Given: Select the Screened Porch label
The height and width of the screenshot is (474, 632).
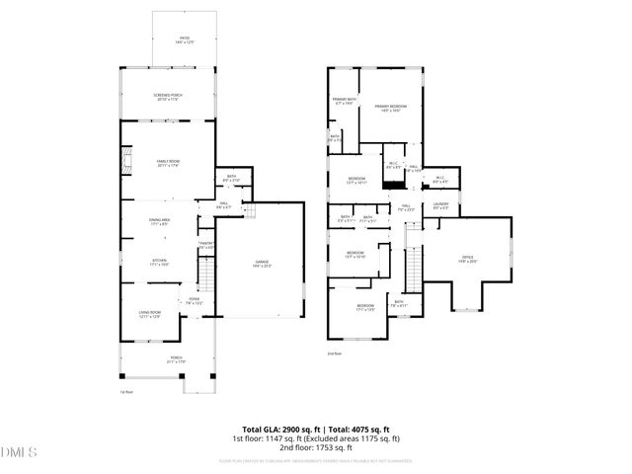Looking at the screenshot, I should [168, 96].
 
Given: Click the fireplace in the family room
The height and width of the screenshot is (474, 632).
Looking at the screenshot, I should [124, 161].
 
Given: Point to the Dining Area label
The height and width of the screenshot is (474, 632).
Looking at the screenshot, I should [160, 221].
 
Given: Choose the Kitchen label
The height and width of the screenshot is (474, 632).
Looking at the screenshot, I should [159, 261].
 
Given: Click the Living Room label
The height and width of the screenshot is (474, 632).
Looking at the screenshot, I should [149, 314].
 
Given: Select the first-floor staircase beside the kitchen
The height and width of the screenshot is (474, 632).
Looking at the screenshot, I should [205, 269].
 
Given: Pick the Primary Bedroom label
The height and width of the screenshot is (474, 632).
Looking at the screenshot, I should [390, 107].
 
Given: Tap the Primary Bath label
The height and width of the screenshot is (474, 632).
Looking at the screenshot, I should [344, 101].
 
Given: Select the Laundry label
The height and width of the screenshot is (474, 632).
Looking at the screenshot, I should [440, 206].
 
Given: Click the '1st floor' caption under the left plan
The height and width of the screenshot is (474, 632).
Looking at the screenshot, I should [126, 392].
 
